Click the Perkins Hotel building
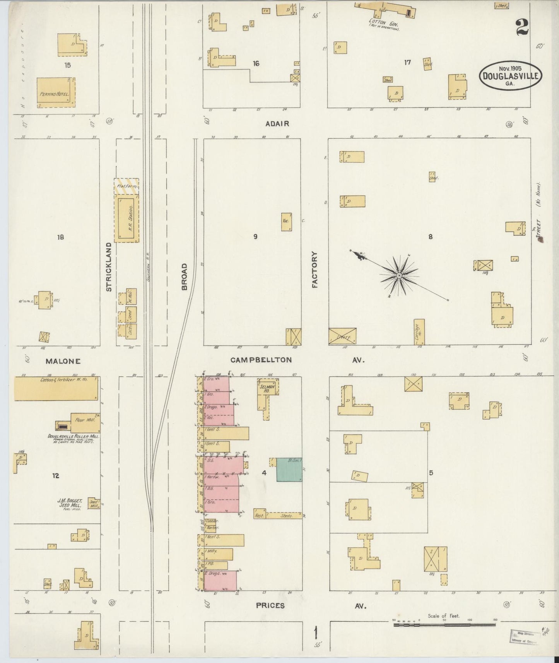56,92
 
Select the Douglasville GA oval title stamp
510,75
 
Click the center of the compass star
399,275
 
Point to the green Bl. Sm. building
289,470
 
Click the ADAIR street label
277,124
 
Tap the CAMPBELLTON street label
261,360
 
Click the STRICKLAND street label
109,267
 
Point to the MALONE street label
63,361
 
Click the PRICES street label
270,605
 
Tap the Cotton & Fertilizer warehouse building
56,388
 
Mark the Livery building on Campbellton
342,336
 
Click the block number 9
255,237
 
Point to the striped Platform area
126,186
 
